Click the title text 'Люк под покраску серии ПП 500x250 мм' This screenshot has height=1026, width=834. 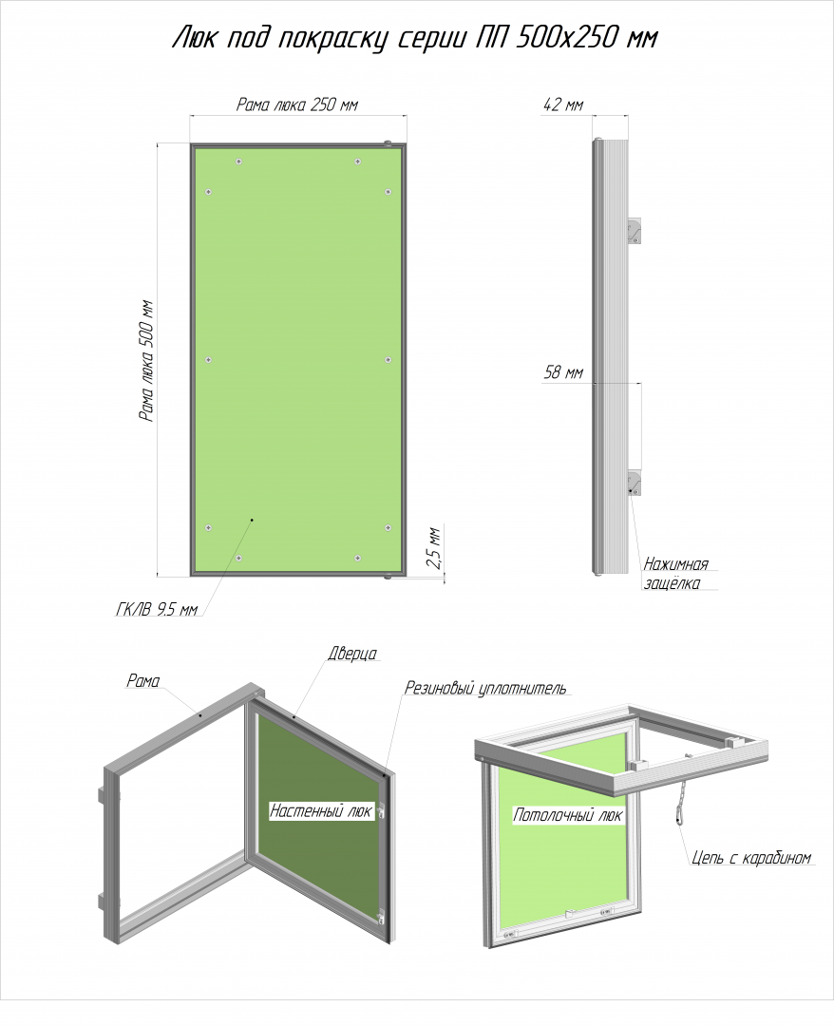coord(415,38)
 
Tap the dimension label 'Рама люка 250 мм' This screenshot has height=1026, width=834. coord(297,104)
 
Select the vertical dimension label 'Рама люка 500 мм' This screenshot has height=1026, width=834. coord(146,361)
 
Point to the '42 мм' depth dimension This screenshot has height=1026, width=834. coord(562,104)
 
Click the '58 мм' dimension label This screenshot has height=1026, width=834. coord(563,372)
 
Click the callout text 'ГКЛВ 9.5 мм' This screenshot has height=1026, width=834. coord(157,610)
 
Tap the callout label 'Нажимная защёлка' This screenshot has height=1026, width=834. coord(675,574)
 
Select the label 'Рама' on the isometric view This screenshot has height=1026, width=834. coord(143,681)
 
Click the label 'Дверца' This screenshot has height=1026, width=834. coord(352,654)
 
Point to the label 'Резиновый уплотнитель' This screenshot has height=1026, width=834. coord(485,689)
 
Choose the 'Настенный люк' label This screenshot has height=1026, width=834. coord(321,811)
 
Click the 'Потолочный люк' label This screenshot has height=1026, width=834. coord(568,815)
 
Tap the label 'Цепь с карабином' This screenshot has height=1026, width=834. coord(751,857)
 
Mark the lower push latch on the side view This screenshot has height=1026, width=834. coord(635,483)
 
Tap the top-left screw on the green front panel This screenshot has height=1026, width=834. coord(238,161)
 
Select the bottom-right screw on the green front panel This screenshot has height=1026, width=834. coord(358,559)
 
